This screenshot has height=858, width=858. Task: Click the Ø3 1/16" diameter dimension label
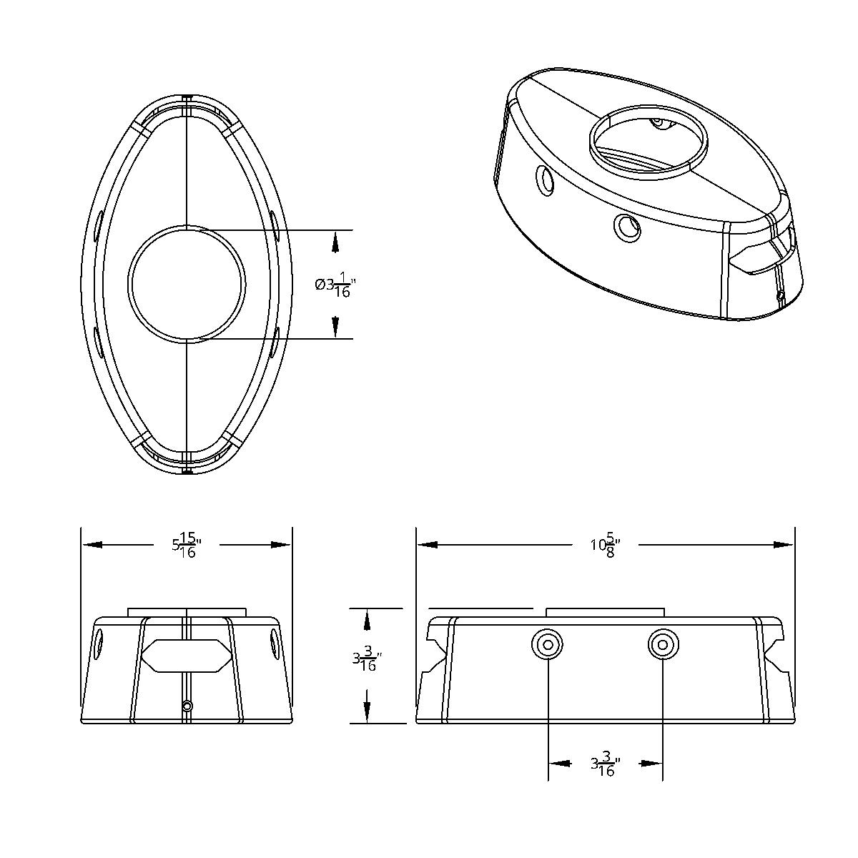coord(335,285)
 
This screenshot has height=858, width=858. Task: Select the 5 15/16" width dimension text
coord(184,545)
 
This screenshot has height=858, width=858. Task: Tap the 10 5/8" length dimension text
coord(605,545)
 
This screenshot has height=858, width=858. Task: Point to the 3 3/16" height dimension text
coord(367,659)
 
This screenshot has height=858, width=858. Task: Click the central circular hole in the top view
coord(187,283)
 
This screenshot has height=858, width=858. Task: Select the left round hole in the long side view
coord(548,645)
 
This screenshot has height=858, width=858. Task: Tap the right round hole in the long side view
coord(663,645)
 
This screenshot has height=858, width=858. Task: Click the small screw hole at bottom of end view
coord(187,706)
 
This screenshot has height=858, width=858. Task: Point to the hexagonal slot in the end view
coord(186,655)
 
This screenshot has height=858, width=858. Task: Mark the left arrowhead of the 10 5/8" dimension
coord(427,545)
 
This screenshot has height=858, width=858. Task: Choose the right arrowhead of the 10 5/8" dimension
coord(785,545)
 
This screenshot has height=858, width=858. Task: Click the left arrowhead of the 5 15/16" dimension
coord(92,545)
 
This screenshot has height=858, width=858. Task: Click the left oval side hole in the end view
coord(99,644)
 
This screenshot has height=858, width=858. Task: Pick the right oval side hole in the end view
coord(275,641)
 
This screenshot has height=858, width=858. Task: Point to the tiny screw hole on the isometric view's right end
coord(780,295)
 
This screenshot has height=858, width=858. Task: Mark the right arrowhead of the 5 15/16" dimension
coord(282,545)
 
